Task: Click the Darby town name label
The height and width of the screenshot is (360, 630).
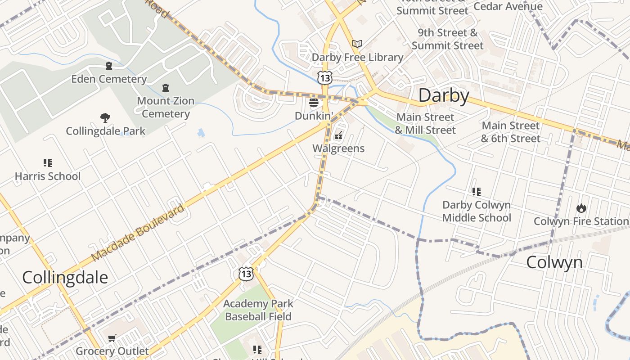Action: [x=444, y=95]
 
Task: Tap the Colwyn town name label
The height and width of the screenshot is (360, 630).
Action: [x=554, y=262]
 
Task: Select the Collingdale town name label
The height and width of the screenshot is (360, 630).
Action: [x=65, y=277]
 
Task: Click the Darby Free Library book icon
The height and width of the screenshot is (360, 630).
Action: [x=357, y=44]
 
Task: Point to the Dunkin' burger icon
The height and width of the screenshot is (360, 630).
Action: [x=314, y=103]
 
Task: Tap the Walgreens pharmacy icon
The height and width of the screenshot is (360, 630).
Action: [x=338, y=135]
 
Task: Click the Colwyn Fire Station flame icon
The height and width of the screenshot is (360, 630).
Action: [x=581, y=208]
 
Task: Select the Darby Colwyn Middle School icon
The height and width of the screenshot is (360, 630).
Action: [x=477, y=192]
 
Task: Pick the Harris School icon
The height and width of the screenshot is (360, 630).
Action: [x=48, y=162]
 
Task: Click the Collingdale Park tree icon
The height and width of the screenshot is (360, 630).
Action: [x=105, y=118]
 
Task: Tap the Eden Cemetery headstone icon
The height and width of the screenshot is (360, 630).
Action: [x=108, y=66]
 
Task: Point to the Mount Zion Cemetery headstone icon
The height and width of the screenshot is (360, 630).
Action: [x=166, y=87]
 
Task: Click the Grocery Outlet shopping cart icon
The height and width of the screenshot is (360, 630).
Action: [x=112, y=338]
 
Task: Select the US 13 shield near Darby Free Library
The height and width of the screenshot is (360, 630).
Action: [x=324, y=78]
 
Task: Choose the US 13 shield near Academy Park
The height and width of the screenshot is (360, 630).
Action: [x=246, y=274]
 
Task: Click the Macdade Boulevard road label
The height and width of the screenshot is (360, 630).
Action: [x=138, y=233]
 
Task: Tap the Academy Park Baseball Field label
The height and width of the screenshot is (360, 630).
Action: [x=258, y=310]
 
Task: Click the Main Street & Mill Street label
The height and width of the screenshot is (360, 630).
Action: [x=425, y=124]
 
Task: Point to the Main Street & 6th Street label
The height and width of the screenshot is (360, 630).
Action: [x=510, y=132]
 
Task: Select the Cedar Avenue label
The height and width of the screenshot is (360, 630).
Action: [x=508, y=6]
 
